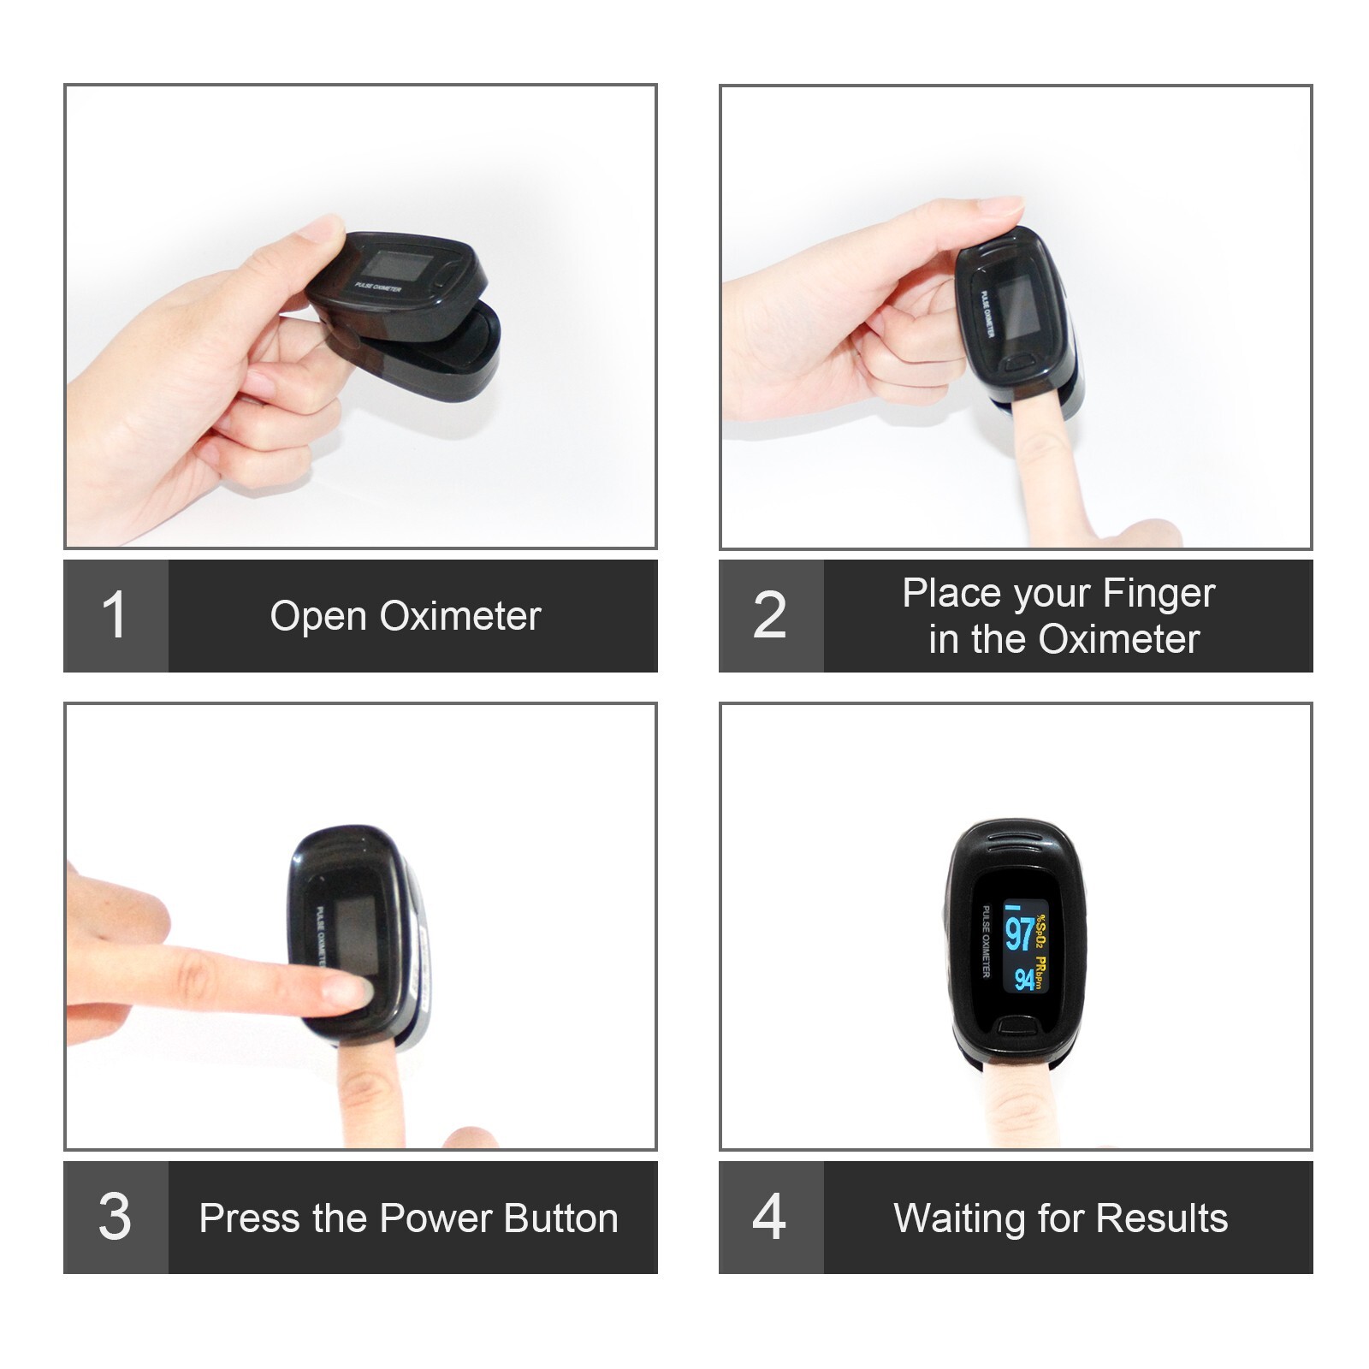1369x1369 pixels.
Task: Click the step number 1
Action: tap(114, 615)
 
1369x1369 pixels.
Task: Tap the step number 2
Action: tap(769, 615)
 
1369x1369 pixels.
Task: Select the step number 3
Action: tap(115, 1217)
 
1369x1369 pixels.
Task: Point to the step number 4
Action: tap(769, 1217)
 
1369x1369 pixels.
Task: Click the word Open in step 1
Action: tap(317, 616)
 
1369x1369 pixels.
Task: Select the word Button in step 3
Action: tap(560, 1218)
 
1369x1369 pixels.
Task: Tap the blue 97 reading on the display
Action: tap(1019, 933)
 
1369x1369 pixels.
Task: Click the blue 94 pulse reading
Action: tap(1024, 978)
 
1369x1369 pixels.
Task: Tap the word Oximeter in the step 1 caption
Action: tap(460, 616)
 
